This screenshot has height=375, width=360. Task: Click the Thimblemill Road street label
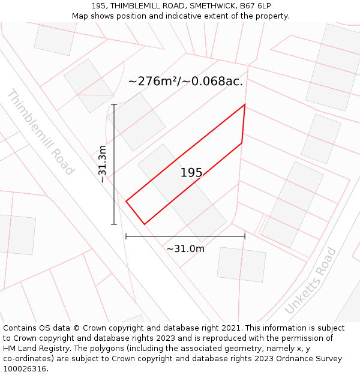(x=40, y=132)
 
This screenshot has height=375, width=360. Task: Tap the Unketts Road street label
(x=310, y=280)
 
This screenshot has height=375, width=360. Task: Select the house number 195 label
(x=191, y=173)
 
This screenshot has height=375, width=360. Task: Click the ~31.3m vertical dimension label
(x=102, y=164)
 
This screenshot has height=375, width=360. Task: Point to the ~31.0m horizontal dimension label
(x=185, y=248)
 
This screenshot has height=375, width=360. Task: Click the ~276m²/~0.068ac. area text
(x=185, y=82)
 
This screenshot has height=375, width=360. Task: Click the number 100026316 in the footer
(x=25, y=369)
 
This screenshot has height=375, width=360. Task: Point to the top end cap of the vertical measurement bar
(x=114, y=104)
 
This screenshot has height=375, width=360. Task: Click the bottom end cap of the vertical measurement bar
(x=114, y=224)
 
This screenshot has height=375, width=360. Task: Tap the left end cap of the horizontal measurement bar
(x=126, y=236)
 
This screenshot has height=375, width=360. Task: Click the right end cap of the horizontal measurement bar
(x=245, y=236)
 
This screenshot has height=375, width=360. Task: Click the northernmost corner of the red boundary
(x=245, y=105)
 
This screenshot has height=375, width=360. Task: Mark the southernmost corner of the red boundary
(x=145, y=224)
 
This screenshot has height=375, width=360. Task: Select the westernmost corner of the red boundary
(x=126, y=201)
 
